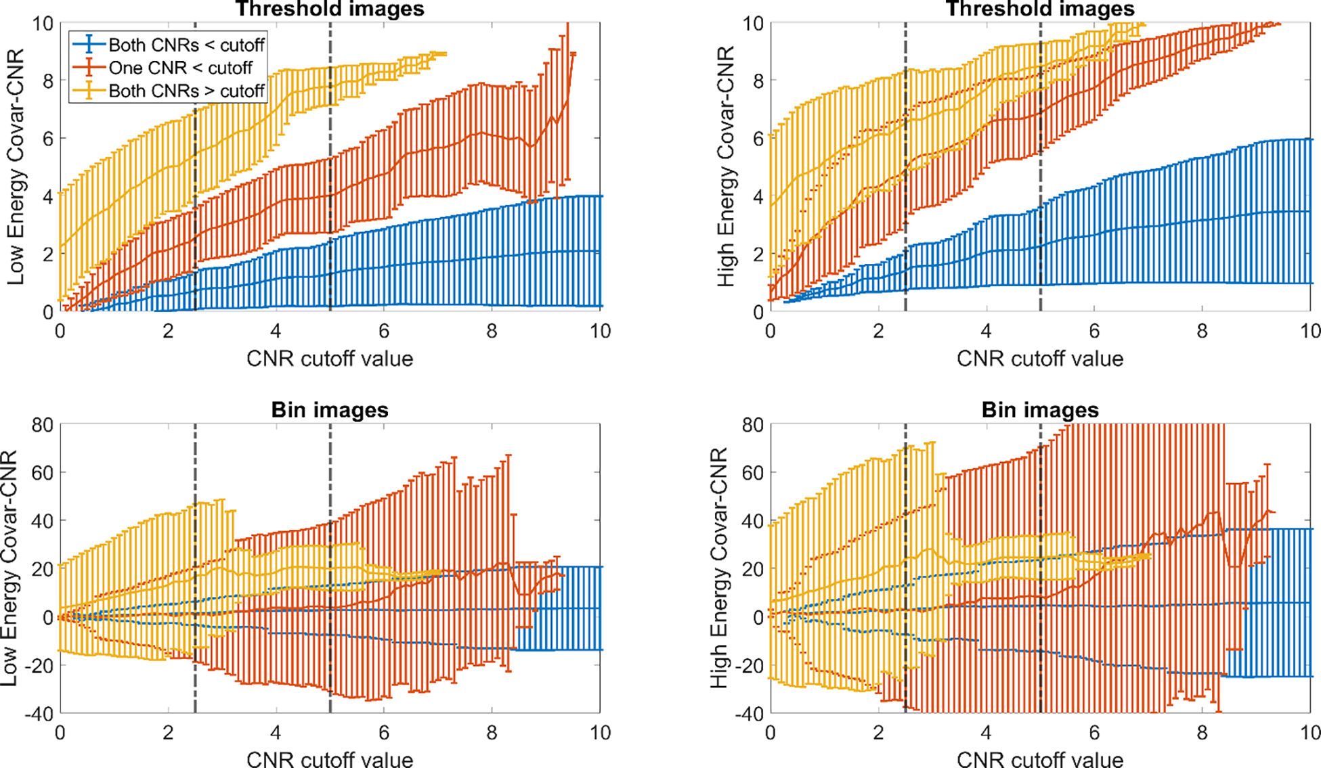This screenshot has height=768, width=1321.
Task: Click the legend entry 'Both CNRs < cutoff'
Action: coord(186,45)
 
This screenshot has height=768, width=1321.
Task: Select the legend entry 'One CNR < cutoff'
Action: coord(180,68)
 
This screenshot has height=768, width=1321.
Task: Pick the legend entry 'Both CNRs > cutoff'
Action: coord(186,91)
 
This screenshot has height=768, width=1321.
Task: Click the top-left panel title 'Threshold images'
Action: coord(330,9)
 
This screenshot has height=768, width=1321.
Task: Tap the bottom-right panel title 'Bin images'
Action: coord(1040,410)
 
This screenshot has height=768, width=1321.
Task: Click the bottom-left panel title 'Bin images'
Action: coord(330,410)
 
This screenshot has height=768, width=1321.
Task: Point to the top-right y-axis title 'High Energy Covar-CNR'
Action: coord(726,166)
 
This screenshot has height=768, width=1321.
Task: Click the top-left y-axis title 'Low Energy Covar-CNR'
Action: coord(16,166)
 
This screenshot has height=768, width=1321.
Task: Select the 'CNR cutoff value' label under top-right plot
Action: coord(1040,359)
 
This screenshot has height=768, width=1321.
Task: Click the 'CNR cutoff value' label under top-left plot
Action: coord(330,359)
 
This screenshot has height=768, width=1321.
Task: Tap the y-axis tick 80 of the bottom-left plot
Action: coord(42,425)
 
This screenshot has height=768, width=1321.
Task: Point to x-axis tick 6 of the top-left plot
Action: coord(384,331)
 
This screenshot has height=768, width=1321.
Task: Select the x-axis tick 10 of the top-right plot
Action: coord(1309,331)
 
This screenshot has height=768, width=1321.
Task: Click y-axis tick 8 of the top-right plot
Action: coord(758,81)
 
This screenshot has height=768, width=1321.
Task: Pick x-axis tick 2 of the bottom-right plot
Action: coord(878,733)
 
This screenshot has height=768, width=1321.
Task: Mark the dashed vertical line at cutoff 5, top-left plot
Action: coord(330,169)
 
